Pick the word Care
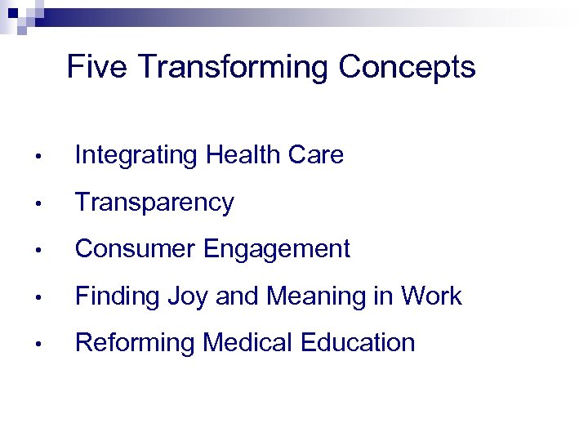tap(318, 154)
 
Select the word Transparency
tap(154, 203)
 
